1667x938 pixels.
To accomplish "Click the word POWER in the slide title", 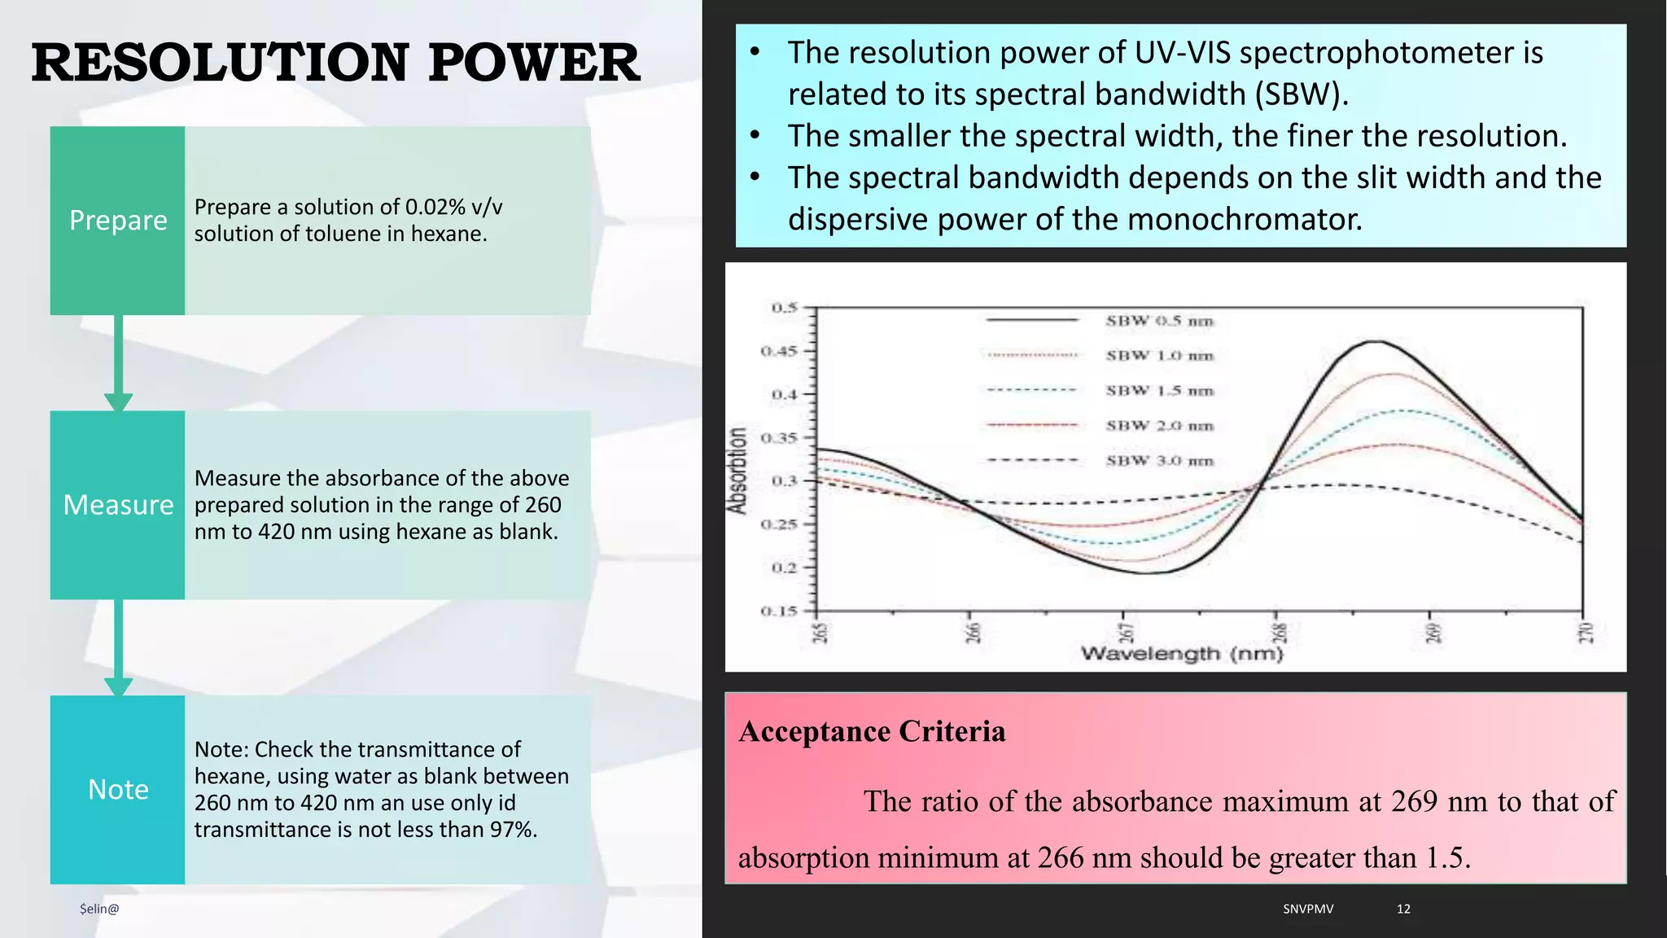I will pos(534,64).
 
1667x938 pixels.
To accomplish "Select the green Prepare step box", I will pos(118,221).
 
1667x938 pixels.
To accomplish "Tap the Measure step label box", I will pos(118,505).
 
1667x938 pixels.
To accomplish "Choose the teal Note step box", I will pos(118,790).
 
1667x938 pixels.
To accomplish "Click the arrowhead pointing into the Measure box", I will pos(118,402).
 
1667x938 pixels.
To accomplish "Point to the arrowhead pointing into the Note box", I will pos(118,686).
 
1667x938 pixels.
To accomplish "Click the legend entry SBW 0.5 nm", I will pos(1159,321).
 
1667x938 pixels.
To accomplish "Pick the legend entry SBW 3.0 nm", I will pos(1159,461).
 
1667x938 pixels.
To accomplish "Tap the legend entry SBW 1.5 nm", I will pos(1159,391).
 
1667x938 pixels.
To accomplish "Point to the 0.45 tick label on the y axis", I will pos(779,351).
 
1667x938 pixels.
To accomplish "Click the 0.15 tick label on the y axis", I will pos(779,611).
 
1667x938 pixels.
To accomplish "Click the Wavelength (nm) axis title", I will pos(1182,654).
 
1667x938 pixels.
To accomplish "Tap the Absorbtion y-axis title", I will pos(737,471).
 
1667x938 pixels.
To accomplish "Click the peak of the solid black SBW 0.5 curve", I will pos(1376,342).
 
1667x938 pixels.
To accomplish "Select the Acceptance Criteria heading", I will pos(872,731).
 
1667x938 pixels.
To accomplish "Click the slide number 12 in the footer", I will pos(1403,909).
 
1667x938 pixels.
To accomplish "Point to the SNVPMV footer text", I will pos(1308,909).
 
